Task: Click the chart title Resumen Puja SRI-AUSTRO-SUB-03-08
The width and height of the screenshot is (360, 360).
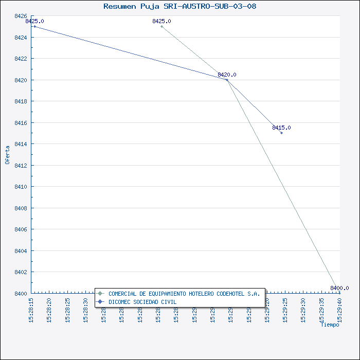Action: pos(179,7)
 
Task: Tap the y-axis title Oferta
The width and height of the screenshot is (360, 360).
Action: pos(7,155)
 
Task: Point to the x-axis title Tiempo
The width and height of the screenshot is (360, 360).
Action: pos(330,325)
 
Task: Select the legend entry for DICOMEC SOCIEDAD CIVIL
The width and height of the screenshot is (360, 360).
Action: pos(142,302)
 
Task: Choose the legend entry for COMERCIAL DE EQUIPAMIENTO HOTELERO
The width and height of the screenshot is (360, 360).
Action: pos(184,294)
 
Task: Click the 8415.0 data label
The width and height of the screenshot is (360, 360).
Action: pos(281,128)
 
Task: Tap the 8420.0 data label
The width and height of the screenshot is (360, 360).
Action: pos(227,75)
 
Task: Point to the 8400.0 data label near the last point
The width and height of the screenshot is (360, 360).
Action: pos(339,288)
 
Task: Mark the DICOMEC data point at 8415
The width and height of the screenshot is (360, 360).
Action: pos(281,133)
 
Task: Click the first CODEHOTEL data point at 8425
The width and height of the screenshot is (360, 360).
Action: pos(161,26)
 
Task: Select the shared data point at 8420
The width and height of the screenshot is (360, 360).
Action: pos(227,80)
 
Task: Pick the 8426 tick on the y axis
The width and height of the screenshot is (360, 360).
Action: pos(21,16)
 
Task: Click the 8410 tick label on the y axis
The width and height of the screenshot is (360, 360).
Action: pos(21,187)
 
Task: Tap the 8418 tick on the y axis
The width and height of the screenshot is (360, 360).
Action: pos(21,101)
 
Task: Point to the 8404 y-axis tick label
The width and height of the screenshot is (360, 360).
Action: pos(21,251)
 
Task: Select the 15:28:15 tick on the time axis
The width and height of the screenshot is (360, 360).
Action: pos(31,309)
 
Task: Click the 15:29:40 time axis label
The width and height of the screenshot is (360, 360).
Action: pos(340,309)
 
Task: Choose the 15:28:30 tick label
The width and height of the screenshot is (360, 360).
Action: pos(86,309)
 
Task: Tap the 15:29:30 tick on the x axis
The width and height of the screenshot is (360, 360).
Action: pos(303,309)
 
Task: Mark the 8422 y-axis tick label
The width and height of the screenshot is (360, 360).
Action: pos(21,59)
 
